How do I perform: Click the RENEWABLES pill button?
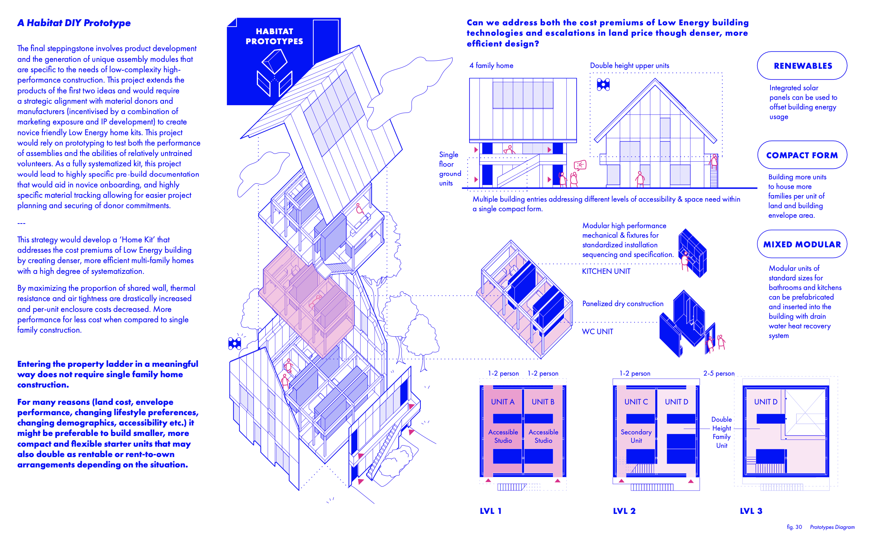click(802, 66)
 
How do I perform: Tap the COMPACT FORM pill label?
click(802, 155)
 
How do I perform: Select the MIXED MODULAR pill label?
click(802, 244)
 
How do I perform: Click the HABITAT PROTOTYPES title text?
click(274, 36)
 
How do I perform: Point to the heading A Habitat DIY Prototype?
click(74, 23)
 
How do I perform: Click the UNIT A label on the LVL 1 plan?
click(503, 402)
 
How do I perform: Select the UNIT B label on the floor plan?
click(543, 402)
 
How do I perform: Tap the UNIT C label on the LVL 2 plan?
click(636, 402)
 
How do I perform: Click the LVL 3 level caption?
click(751, 511)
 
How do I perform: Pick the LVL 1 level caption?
click(491, 511)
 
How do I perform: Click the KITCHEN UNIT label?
click(606, 271)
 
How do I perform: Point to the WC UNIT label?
click(597, 331)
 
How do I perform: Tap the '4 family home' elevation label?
click(491, 66)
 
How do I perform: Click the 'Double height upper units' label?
click(629, 66)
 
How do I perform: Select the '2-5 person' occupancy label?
click(719, 373)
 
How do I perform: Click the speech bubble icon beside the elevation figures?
click(580, 165)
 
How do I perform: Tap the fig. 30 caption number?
click(794, 527)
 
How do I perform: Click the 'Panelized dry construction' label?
click(623, 303)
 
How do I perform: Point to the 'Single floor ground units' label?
click(450, 169)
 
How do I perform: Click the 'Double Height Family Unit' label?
click(721, 432)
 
